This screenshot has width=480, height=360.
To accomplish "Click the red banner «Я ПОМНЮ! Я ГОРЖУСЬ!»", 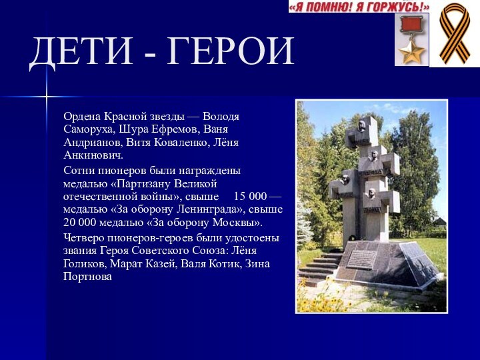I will (359, 7).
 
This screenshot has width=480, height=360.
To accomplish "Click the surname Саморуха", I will (89, 129).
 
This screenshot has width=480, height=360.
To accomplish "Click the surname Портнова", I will (88, 275).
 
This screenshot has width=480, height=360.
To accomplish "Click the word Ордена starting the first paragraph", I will (83, 117).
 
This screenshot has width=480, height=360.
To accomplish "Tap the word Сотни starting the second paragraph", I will (79, 171).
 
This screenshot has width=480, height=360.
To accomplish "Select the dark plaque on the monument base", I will (363, 259).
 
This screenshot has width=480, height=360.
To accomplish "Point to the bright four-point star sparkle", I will (47, 99).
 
